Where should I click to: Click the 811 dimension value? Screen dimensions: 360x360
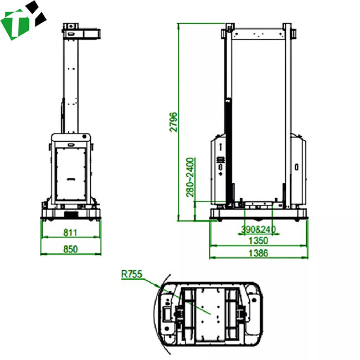(x=70, y=232)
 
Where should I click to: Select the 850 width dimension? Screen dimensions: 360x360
(x=70, y=249)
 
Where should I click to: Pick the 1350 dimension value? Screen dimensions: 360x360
(x=258, y=240)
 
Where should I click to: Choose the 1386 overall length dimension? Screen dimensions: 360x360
(x=258, y=253)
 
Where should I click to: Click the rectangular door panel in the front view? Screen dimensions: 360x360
(x=71, y=169)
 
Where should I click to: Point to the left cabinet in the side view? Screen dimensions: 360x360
(x=219, y=169)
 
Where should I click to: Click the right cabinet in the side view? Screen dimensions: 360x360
(x=297, y=169)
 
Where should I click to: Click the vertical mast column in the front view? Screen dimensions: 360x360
(x=71, y=83)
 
